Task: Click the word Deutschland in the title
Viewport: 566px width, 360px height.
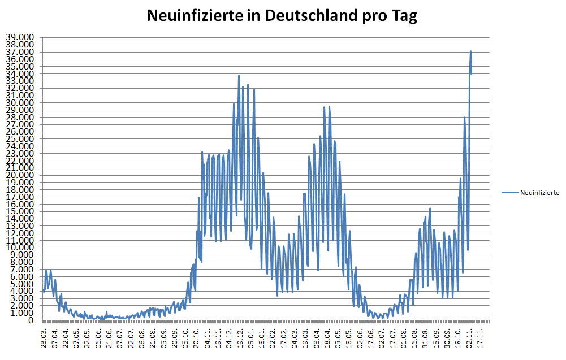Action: click(x=300, y=16)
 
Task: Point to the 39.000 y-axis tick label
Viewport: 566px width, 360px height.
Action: click(x=20, y=37)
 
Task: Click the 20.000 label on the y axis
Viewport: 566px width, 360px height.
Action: click(x=20, y=175)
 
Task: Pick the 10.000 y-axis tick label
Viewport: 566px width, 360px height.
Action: click(x=20, y=248)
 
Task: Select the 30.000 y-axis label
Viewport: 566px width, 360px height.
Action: click(x=20, y=103)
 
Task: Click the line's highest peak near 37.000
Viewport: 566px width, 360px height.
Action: click(x=470, y=51)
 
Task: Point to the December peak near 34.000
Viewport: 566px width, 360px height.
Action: click(x=239, y=76)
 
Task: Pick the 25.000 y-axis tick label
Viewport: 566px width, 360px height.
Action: click(x=20, y=139)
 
